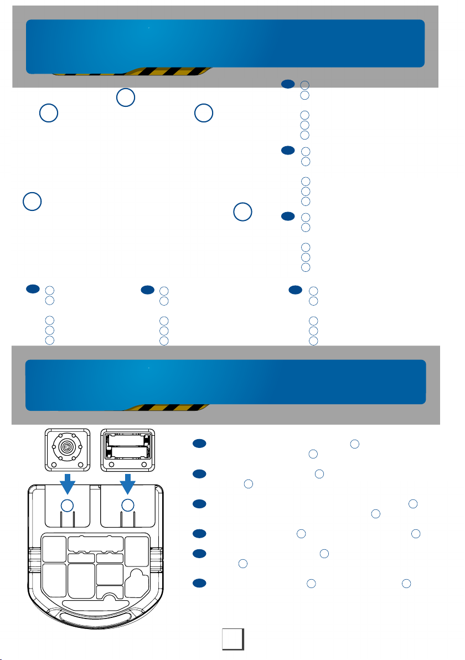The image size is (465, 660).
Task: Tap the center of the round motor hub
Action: click(67, 447)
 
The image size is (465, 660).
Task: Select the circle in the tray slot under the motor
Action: click(67, 505)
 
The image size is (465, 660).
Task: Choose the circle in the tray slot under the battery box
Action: click(128, 505)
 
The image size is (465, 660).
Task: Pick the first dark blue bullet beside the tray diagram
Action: click(200, 444)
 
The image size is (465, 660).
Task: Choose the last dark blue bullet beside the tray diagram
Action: click(200, 583)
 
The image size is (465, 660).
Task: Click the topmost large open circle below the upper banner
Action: click(126, 97)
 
